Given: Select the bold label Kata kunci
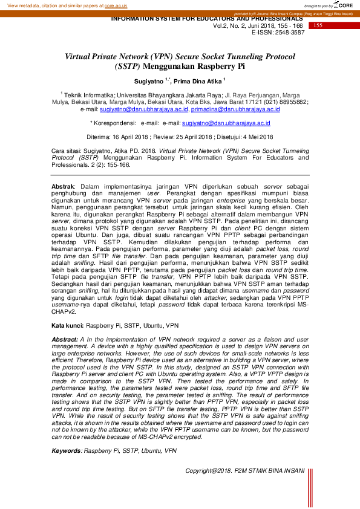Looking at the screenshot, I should [x=67, y=325].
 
